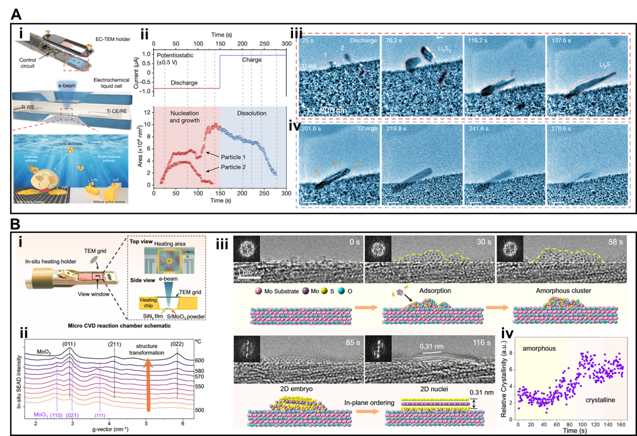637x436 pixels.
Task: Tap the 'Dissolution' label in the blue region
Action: point(247,114)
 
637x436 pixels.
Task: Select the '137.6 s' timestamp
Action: point(561,40)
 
